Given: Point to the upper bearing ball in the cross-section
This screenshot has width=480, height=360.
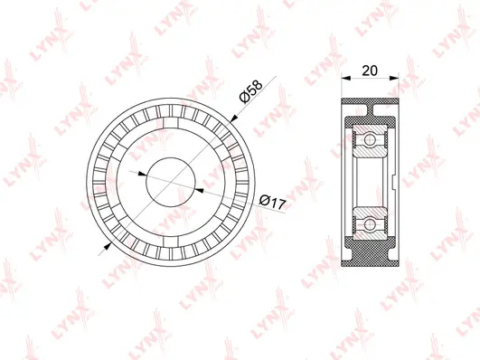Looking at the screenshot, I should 369,140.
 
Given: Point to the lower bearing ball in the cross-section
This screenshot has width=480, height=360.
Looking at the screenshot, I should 369,221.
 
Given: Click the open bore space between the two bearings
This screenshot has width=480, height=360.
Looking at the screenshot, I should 371,181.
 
